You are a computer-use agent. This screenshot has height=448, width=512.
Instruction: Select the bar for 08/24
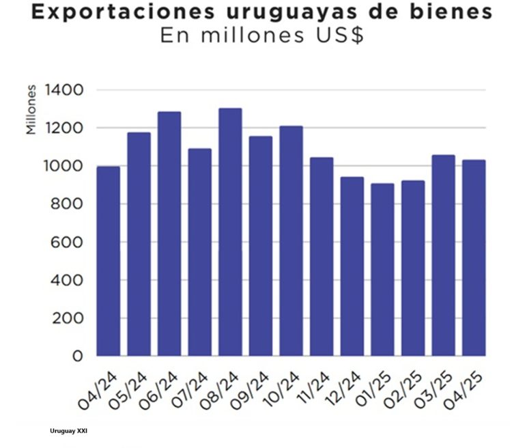230,232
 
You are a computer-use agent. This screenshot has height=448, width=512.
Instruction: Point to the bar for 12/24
352,266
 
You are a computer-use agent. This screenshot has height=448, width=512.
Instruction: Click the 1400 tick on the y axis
63,90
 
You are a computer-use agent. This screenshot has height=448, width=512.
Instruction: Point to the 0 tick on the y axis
76,356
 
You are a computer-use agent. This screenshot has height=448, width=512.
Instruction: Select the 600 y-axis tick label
67,242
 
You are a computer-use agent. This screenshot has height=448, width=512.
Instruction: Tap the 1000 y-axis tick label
63,166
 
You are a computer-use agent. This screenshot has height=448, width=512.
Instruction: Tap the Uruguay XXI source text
68,432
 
